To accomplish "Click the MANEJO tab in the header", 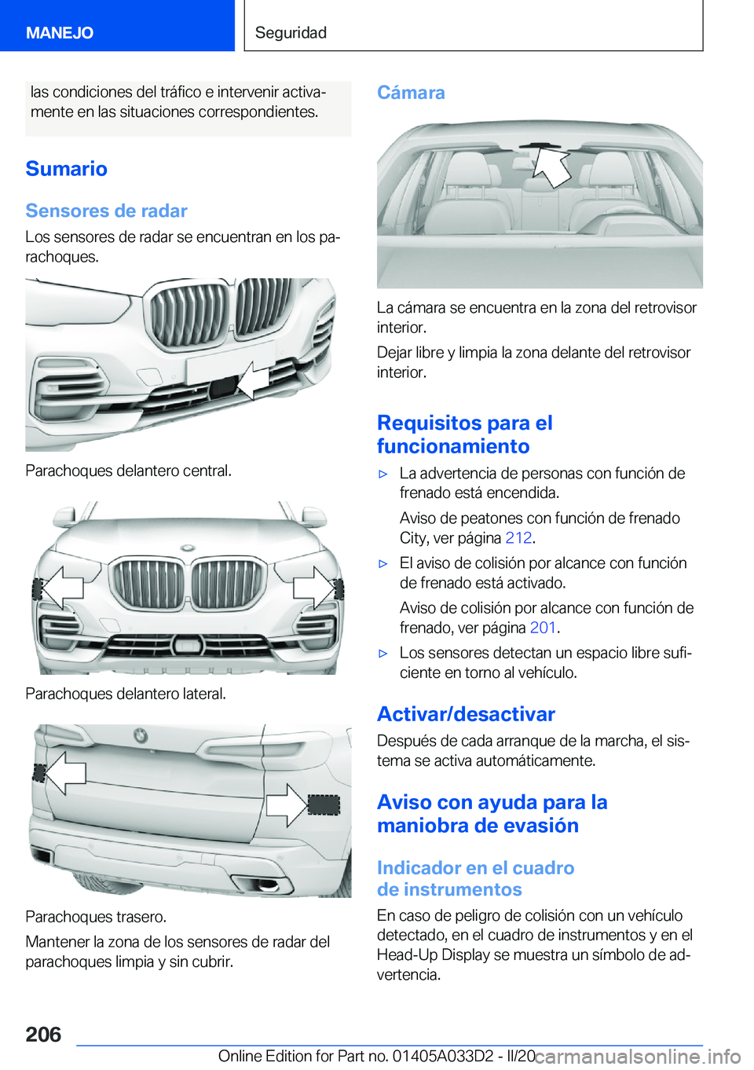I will [60, 33].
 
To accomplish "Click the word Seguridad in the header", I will [291, 33].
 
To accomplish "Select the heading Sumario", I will [66, 169].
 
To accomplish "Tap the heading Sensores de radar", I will [106, 211].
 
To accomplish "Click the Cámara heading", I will [411, 93].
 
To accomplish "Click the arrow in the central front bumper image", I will [254, 380].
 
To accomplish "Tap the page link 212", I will [518, 538].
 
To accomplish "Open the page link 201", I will [543, 628].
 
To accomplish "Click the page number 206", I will [43, 1035].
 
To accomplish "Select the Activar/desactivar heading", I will [466, 714].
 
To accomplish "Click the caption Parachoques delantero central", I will [128, 471].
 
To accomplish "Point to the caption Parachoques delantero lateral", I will [126, 694].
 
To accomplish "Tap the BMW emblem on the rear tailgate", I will [140, 736].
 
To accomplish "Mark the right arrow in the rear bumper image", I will [287, 804].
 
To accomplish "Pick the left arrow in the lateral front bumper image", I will [63, 588].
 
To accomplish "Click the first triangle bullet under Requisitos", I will [383, 475].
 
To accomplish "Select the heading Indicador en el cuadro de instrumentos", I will [475, 878].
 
